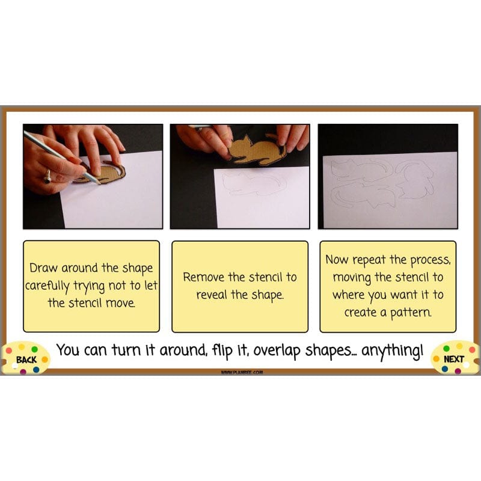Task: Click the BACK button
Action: click(x=26, y=360)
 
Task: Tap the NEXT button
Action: click(x=454, y=359)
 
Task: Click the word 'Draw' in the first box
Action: click(x=43, y=268)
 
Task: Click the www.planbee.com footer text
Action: click(x=241, y=372)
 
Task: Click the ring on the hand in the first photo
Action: click(x=47, y=176)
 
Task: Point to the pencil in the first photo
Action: click(x=66, y=159)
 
